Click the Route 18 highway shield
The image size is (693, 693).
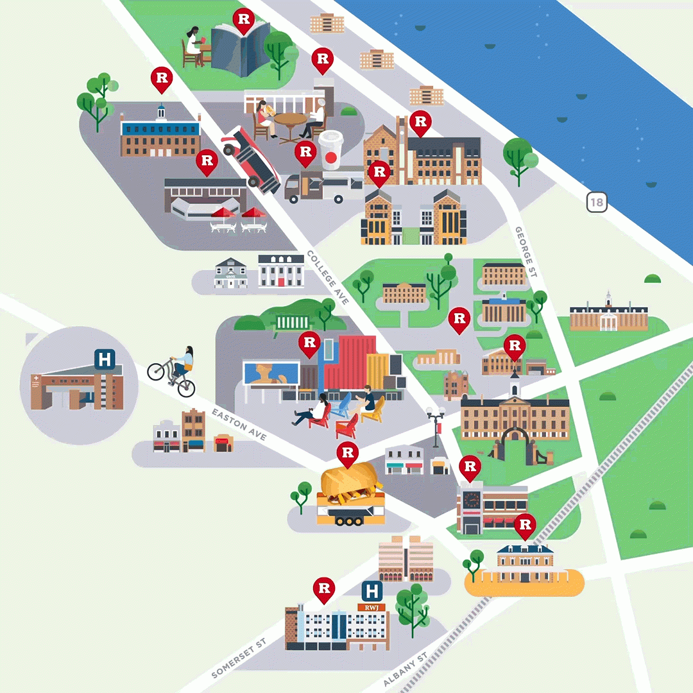[597, 203]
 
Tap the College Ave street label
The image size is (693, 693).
[327, 277]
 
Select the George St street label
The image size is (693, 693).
[526, 252]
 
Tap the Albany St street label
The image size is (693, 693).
[405, 670]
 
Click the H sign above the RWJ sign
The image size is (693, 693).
[372, 591]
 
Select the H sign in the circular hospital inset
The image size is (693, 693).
[105, 359]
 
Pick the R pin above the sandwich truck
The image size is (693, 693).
[347, 454]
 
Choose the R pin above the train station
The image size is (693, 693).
[525, 526]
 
